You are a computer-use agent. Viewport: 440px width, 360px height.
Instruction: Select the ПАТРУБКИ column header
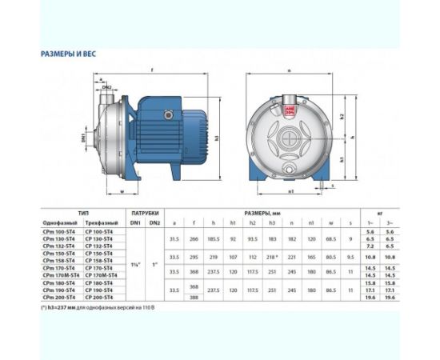click(x=145, y=214)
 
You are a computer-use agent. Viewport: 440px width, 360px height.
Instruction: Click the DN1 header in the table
click(x=135, y=222)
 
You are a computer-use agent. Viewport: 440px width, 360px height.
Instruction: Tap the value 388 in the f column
click(x=193, y=297)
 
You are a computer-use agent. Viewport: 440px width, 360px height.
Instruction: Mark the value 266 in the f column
click(x=193, y=238)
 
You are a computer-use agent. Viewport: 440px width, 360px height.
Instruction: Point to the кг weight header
click(x=379, y=214)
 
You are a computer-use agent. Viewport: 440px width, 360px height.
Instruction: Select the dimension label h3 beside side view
click(x=217, y=137)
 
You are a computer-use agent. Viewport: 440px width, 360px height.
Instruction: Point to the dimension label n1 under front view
click(x=291, y=192)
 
